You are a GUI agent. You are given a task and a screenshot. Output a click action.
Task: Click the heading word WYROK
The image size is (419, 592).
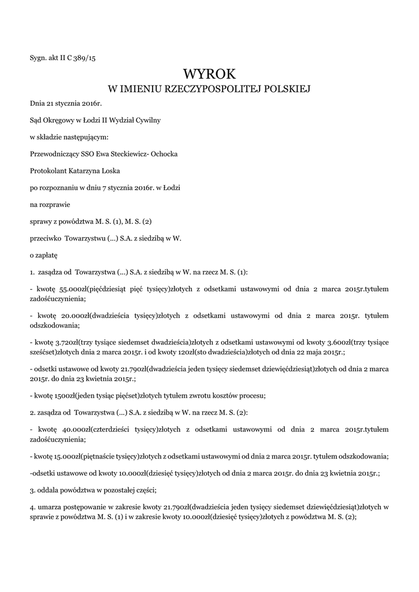pyautogui.click(x=209, y=74)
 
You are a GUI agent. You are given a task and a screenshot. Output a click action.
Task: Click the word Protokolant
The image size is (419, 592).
pyautogui.click(x=48, y=171)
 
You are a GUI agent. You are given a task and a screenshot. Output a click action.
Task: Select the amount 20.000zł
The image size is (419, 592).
pyautogui.click(x=74, y=316)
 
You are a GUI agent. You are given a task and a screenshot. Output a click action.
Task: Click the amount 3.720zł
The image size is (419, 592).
pyautogui.click(x=66, y=343)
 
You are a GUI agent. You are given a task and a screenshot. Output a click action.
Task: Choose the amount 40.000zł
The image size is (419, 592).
pyautogui.click(x=74, y=430)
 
